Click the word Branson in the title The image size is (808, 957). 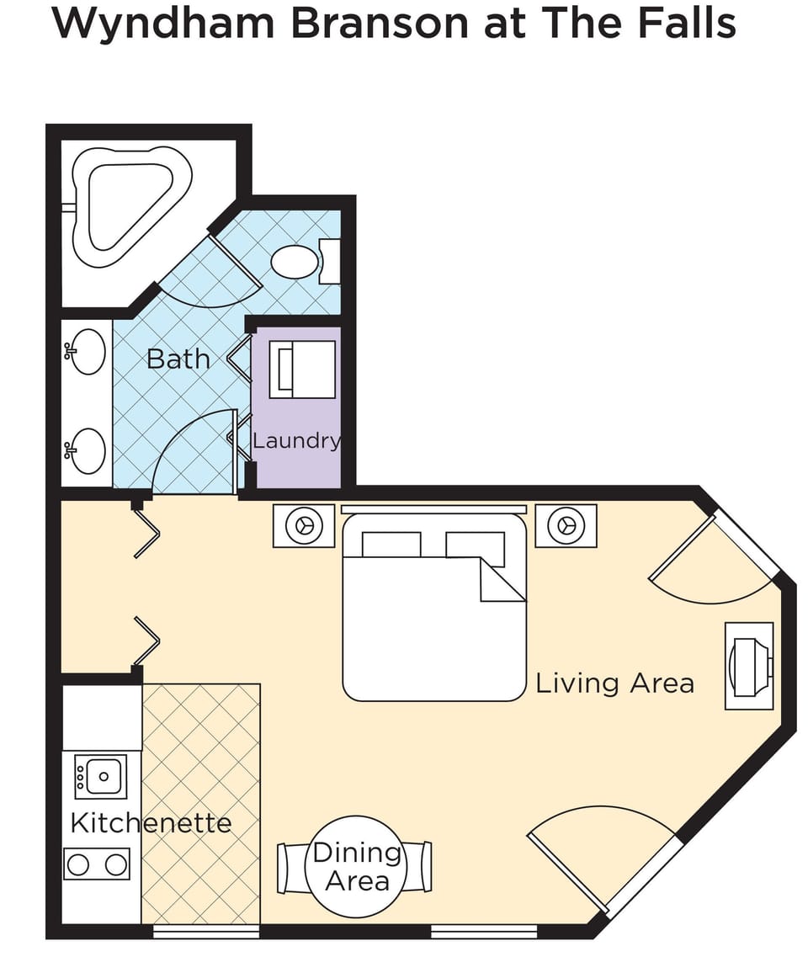pyautogui.click(x=379, y=24)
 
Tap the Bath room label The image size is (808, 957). pyautogui.click(x=178, y=359)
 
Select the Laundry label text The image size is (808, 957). pyautogui.click(x=297, y=441)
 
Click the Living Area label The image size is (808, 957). pyautogui.click(x=614, y=683)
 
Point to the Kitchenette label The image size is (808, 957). pyautogui.click(x=151, y=822)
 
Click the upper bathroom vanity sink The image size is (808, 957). pyautogui.click(x=86, y=352)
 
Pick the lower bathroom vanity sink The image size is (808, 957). pyautogui.click(x=86, y=451)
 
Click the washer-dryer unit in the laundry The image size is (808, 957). pyautogui.click(x=303, y=370)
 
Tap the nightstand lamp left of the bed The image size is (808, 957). pyautogui.click(x=304, y=525)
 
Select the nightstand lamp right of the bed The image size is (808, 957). pyautogui.click(x=566, y=525)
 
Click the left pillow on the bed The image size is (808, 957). pyautogui.click(x=391, y=545)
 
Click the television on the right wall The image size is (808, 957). pyautogui.click(x=749, y=666)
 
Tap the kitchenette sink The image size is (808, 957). pyautogui.click(x=101, y=776)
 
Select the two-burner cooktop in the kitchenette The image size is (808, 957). pyautogui.click(x=97, y=864)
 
